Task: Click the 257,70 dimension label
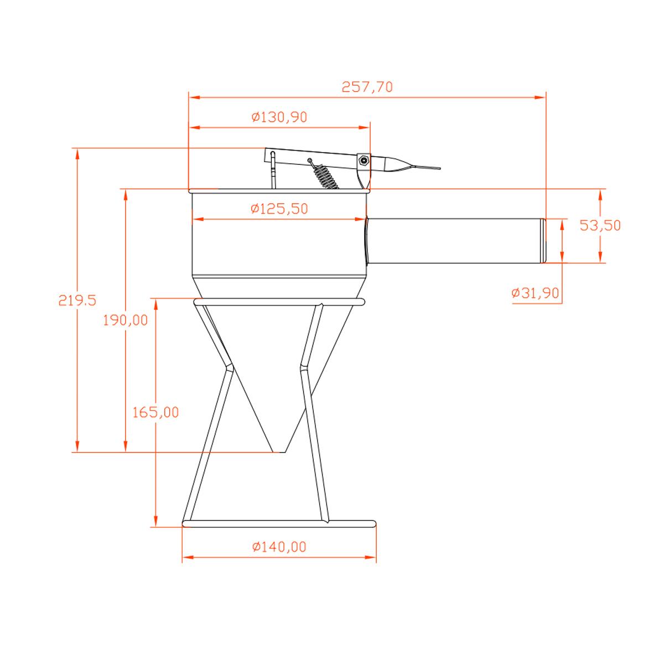(367, 87)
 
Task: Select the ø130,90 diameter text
(279, 117)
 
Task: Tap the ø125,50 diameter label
(279, 209)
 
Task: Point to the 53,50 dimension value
(600, 225)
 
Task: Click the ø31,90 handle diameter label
(535, 293)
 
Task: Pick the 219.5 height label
(77, 300)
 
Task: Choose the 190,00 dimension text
(126, 320)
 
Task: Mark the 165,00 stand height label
(155, 412)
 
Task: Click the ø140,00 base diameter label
(279, 547)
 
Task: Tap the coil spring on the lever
(324, 175)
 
